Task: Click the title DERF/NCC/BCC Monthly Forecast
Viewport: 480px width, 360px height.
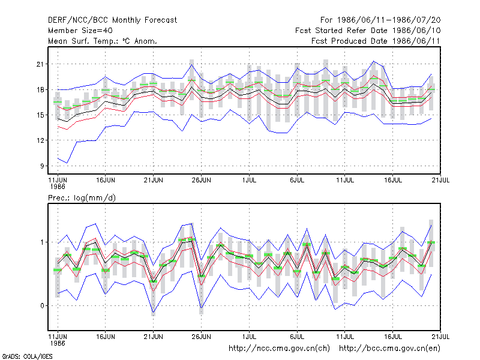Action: [112, 20]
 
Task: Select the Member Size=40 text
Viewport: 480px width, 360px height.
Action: [80, 31]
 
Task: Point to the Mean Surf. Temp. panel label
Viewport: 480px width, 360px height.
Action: [103, 41]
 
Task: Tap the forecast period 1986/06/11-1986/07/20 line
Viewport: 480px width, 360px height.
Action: [380, 20]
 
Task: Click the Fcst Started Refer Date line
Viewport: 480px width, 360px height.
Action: [368, 31]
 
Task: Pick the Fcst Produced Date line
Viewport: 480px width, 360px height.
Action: [376, 41]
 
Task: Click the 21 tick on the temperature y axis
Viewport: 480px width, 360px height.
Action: [40, 64]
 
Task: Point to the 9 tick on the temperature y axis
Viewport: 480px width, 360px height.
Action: [42, 166]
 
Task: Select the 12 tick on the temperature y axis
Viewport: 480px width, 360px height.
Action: [40, 140]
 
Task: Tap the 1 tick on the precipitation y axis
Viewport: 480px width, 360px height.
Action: [42, 242]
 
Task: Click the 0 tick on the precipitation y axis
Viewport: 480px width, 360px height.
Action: [42, 306]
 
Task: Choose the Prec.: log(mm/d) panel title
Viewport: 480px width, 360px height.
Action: [82, 198]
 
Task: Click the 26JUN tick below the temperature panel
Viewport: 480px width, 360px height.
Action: [201, 181]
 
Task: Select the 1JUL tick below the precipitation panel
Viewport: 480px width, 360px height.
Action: [249, 337]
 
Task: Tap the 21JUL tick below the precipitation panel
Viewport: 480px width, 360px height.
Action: [440, 337]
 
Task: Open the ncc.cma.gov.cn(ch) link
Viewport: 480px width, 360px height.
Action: [279, 349]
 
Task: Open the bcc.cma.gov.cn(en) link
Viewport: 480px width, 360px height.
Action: [389, 349]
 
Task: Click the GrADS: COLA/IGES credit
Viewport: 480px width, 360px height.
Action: [28, 356]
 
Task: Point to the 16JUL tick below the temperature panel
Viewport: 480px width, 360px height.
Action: [393, 181]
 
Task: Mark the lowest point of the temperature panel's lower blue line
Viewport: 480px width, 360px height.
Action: [67, 163]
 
